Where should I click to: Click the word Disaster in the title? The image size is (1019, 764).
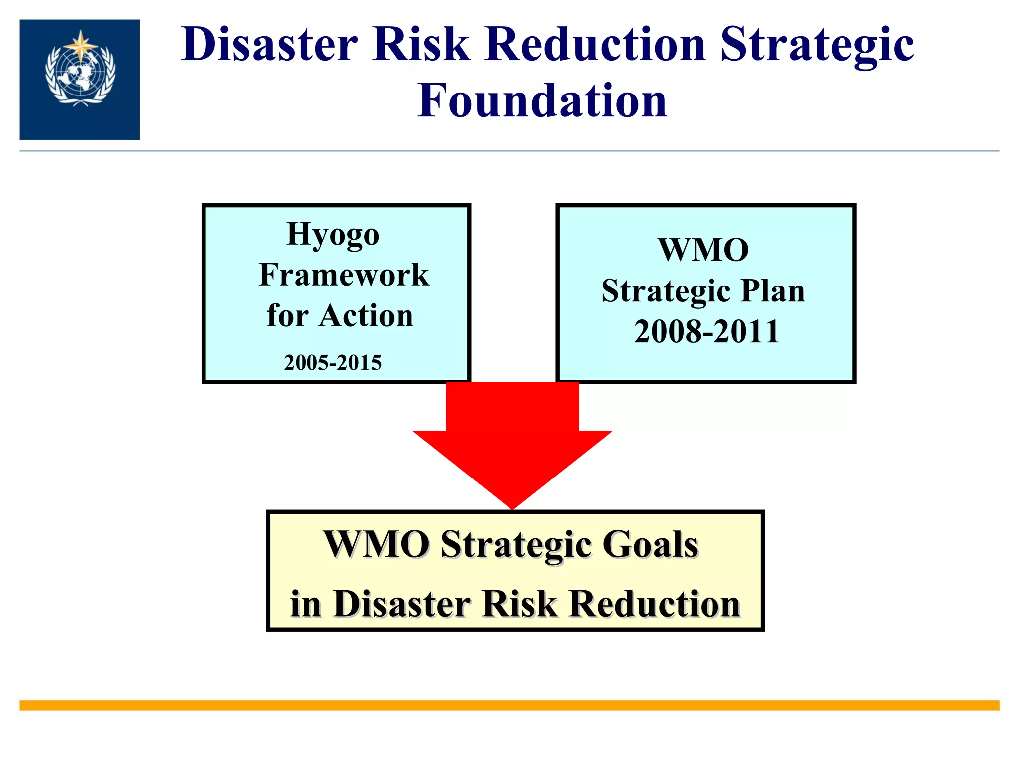(x=269, y=45)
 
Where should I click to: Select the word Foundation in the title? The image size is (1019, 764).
(x=542, y=101)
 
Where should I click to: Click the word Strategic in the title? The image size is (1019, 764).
(x=816, y=45)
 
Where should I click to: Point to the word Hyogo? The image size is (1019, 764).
(x=333, y=234)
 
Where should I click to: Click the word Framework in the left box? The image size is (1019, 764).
(x=343, y=275)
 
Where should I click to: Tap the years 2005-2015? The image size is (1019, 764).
(x=332, y=362)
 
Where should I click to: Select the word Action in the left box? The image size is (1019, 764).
(x=366, y=316)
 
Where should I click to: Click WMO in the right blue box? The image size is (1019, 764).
(x=703, y=250)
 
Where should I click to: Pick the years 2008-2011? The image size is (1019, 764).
(x=707, y=332)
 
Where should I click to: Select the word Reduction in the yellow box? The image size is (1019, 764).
(x=655, y=604)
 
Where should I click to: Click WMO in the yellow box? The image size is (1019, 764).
(x=377, y=544)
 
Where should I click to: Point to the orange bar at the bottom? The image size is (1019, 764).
(x=509, y=705)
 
